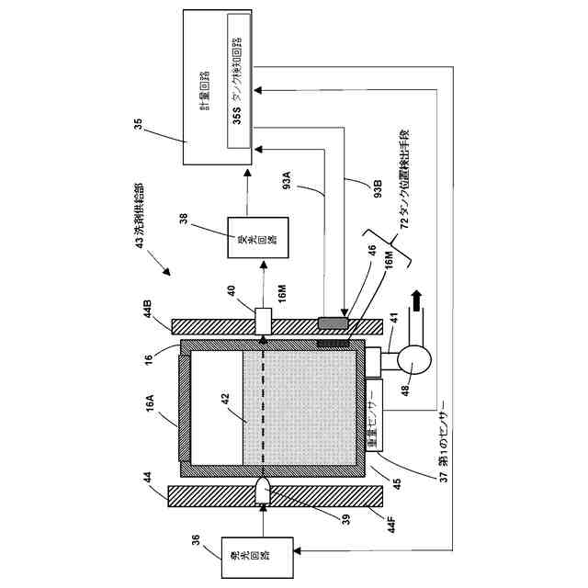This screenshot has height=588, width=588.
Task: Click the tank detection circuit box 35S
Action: click(238, 83)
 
